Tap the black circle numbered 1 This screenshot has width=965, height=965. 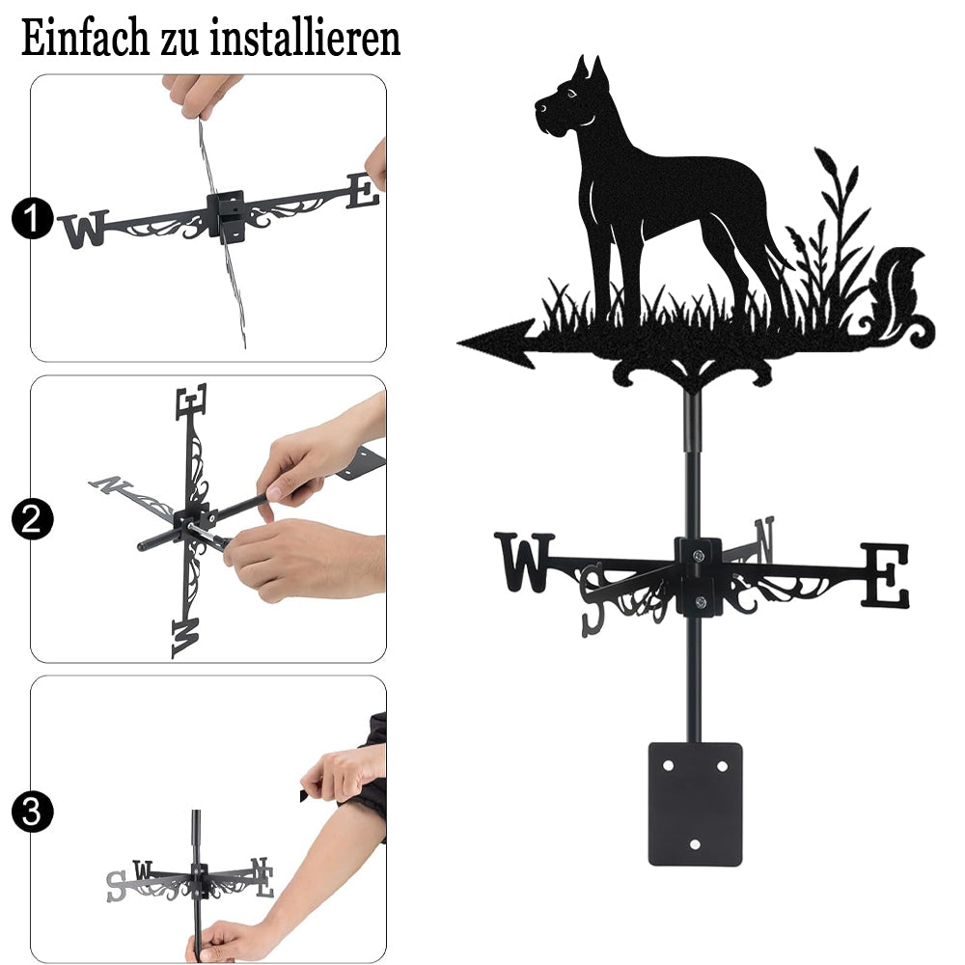[x=32, y=218]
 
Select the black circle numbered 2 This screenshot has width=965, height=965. [x=32, y=519]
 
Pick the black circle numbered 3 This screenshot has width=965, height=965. [x=32, y=812]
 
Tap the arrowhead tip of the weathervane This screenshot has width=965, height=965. [x=458, y=343]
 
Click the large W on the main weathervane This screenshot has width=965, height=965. [x=524, y=562]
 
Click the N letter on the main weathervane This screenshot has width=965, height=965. [x=763, y=538]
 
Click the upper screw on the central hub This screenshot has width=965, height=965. [x=698, y=557]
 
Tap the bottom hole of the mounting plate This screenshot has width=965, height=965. [x=695, y=844]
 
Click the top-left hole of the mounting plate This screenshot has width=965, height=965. [x=668, y=766]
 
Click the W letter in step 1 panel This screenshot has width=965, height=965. [x=84, y=229]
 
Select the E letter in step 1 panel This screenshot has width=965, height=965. [x=363, y=191]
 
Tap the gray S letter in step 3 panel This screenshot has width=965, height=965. [x=116, y=886]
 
